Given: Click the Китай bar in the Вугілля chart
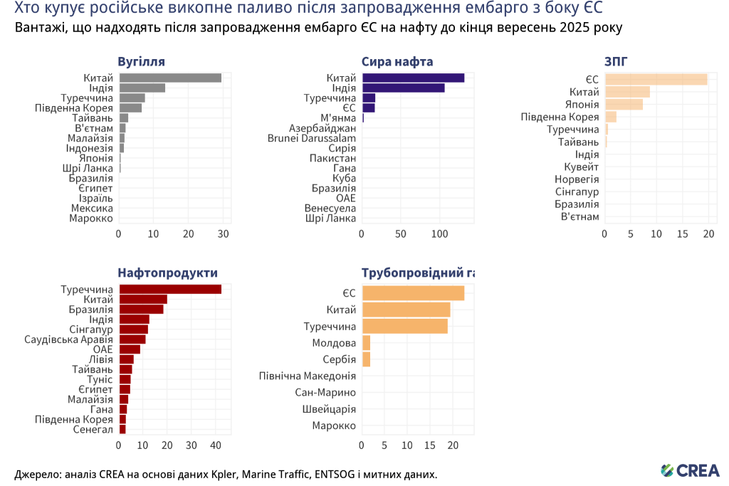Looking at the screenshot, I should click(x=170, y=78).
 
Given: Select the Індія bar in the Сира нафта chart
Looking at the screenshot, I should click(x=403, y=88).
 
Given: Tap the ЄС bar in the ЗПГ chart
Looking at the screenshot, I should click(x=656, y=80).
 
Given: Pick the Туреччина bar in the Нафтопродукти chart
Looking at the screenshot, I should click(x=170, y=289).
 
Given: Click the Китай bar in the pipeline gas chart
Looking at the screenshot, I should click(x=406, y=310).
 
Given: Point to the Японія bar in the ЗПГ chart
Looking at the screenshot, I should click(x=624, y=105).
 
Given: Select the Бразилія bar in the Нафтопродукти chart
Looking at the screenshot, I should click(x=141, y=310).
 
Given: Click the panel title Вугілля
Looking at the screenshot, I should click(x=141, y=61).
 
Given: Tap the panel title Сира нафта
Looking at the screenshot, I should click(x=397, y=61).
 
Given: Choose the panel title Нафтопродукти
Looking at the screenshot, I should click(x=167, y=273).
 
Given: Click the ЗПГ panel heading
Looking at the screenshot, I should click(x=616, y=61).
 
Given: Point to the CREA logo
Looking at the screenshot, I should click(x=690, y=470).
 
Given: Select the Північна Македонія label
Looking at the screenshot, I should click(x=308, y=376).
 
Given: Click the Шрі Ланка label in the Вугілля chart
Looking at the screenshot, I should click(x=88, y=168).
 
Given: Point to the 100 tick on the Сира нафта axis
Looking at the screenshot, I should click(x=439, y=234).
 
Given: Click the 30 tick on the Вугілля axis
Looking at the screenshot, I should click(x=224, y=234).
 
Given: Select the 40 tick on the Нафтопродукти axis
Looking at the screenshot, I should click(x=216, y=445).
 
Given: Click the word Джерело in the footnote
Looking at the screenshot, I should click(x=36, y=474).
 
